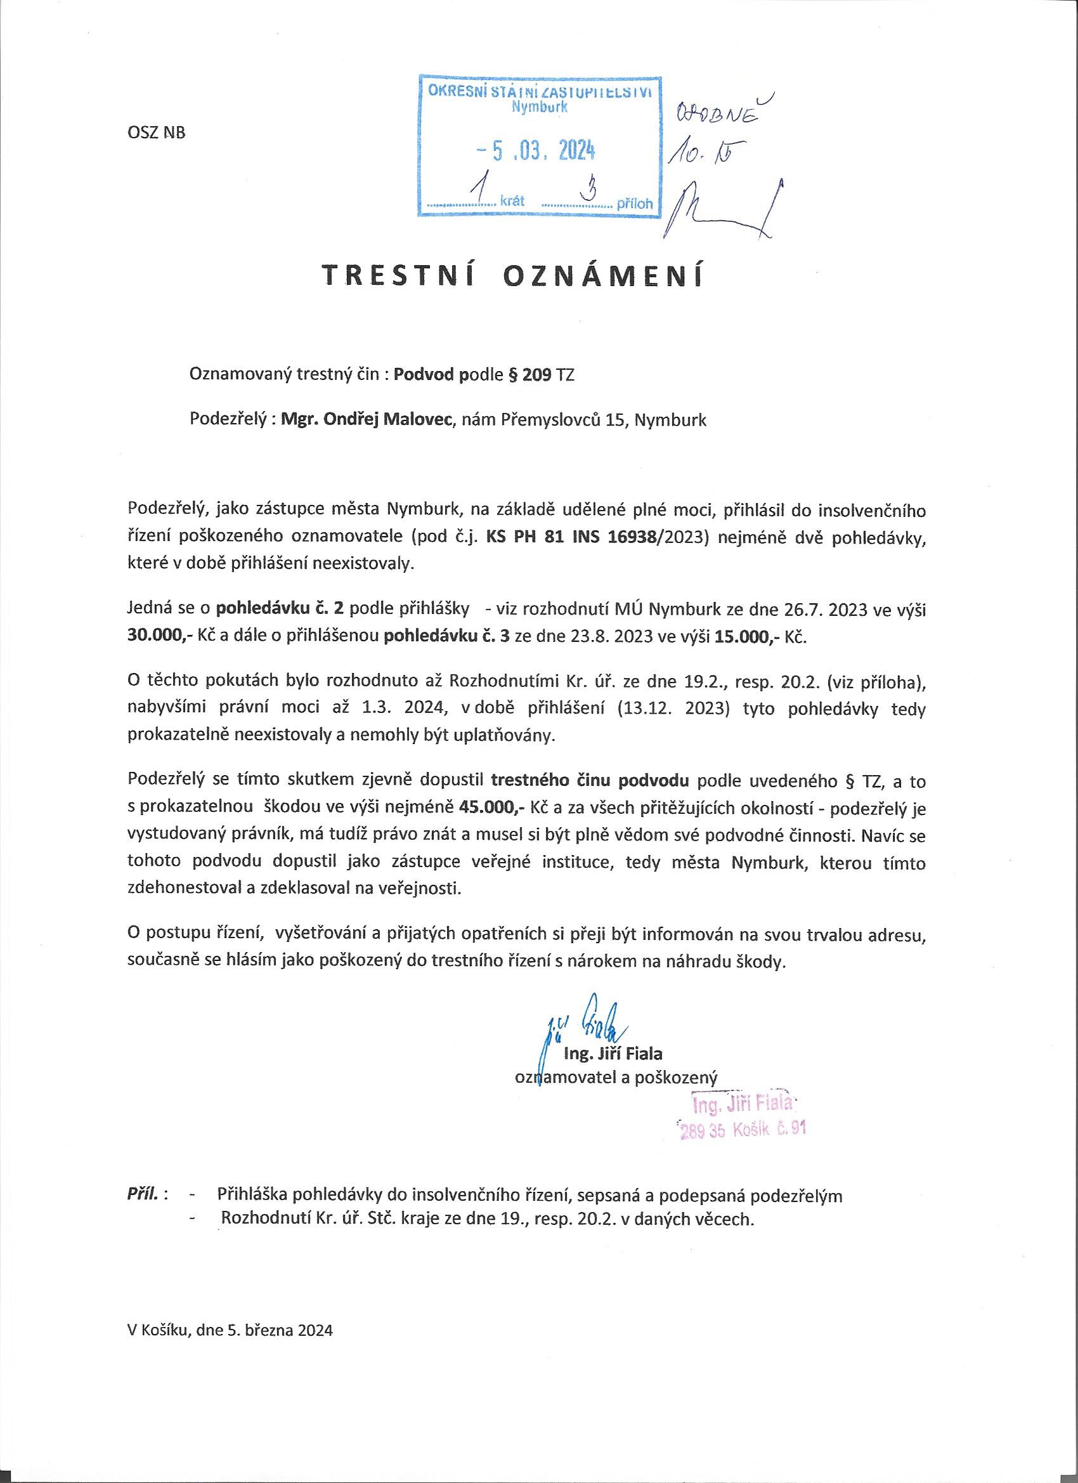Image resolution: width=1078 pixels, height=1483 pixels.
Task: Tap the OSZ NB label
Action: click(x=155, y=133)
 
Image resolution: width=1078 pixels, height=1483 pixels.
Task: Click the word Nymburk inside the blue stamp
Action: click(x=540, y=108)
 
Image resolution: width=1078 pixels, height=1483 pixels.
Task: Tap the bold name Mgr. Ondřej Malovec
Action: click(x=367, y=420)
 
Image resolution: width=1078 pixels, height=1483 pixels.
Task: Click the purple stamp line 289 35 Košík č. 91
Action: click(x=742, y=1129)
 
